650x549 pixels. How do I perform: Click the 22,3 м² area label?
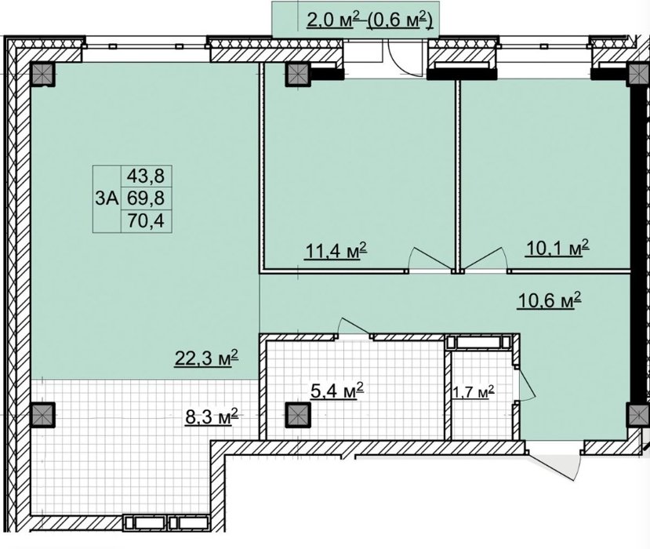(206, 358)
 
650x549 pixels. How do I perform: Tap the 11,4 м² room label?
(336, 250)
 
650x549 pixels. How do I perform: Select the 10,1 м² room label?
(557, 248)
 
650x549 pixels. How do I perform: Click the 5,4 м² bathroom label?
(337, 390)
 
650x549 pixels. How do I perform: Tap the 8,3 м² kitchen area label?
(212, 416)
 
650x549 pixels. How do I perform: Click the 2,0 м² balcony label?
(330, 20)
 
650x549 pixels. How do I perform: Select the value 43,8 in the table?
(146, 176)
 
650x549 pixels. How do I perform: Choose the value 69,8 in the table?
(146, 198)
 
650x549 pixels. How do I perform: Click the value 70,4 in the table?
(146, 220)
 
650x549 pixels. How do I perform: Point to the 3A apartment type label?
(107, 198)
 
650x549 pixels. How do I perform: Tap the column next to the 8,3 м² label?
(42, 415)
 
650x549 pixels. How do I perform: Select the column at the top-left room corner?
(42, 75)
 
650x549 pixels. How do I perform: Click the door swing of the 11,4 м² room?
(429, 258)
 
